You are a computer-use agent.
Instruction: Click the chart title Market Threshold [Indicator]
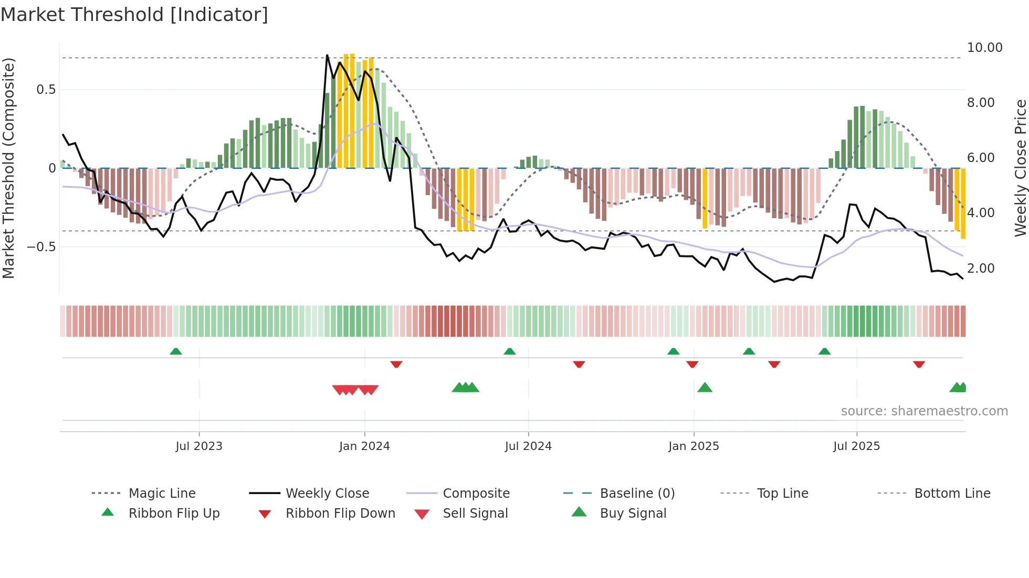134,15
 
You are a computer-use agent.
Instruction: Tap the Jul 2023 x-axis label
199,446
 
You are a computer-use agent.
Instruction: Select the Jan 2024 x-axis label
364,446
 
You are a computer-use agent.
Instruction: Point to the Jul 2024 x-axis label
528,446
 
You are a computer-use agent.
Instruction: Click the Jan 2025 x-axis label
694,446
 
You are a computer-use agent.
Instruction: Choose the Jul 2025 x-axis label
856,446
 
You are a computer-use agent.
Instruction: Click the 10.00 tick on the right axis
984,48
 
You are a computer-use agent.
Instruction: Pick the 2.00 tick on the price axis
981,269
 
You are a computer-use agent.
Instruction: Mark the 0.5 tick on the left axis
46,90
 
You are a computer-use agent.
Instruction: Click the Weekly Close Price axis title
1020,168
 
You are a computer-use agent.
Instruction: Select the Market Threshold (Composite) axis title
8,168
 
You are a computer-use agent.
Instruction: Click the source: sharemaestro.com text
924,411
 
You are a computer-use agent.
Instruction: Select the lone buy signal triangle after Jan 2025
705,388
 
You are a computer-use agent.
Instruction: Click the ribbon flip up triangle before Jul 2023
176,351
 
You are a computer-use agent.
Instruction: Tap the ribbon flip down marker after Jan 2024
396,364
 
